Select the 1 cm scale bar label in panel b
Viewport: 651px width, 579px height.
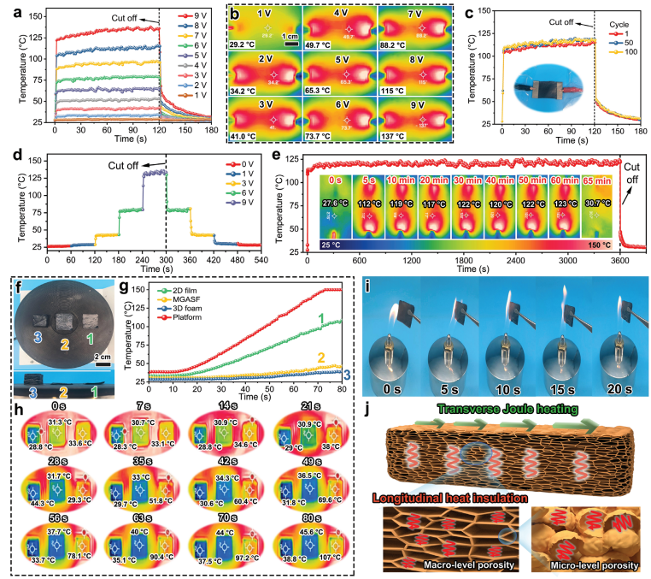[x=293, y=36]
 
